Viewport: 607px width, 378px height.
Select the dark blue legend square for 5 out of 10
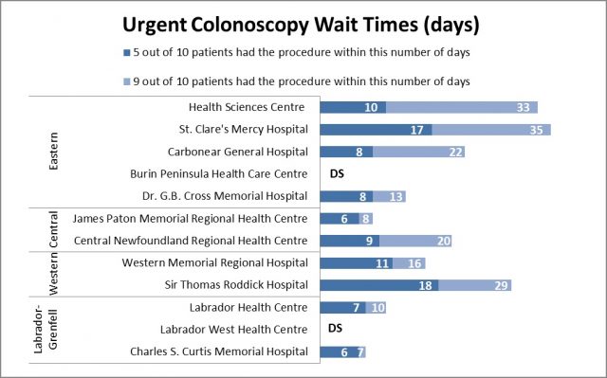pyautogui.click(x=124, y=51)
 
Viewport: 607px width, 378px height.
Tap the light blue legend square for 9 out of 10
pyautogui.click(x=124, y=81)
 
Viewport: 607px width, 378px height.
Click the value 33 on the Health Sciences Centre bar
pyautogui.click(x=523, y=108)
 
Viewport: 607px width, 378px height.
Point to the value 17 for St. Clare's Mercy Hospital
pyautogui.click(x=415, y=130)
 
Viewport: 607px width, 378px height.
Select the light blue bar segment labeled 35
pyautogui.click(x=491, y=130)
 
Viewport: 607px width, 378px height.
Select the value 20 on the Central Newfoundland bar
pyautogui.click(x=444, y=241)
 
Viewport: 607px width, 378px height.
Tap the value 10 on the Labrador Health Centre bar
pyautogui.click(x=377, y=308)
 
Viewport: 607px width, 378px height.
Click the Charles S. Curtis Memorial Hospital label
pyautogui.click(x=220, y=352)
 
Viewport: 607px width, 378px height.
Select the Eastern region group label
pyautogui.click(x=52, y=153)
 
